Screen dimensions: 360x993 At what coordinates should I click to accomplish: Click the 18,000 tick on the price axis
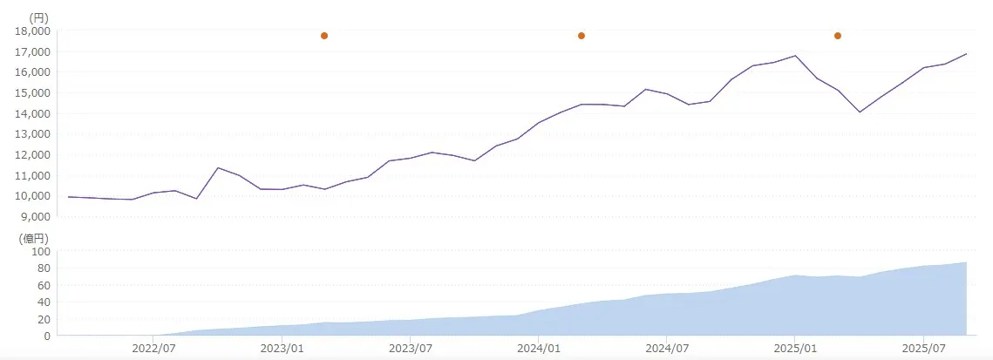(x=32, y=31)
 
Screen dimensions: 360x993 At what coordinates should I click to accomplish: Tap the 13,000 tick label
(x=32, y=134)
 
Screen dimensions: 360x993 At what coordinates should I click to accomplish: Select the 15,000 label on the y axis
(x=32, y=92)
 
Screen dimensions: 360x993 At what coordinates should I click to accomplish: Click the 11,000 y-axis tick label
(x=32, y=175)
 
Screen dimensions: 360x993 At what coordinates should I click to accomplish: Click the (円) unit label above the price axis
(x=39, y=17)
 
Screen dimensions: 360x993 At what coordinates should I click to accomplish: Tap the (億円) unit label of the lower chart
(x=36, y=237)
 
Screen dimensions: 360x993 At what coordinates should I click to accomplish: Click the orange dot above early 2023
(x=324, y=36)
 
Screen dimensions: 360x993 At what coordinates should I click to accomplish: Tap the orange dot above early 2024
(x=582, y=36)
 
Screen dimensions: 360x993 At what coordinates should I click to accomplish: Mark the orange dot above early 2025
(x=838, y=36)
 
